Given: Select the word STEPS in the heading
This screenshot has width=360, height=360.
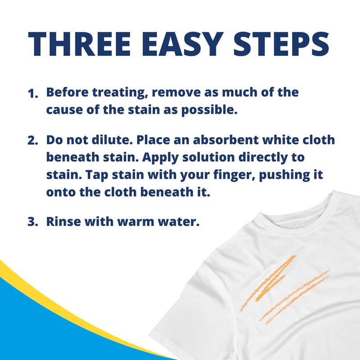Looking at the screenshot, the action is [281, 44].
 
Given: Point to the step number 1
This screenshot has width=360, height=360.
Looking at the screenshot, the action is [32, 94].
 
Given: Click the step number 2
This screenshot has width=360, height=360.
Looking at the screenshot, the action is [32, 140].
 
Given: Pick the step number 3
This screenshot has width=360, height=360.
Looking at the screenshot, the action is [32, 222].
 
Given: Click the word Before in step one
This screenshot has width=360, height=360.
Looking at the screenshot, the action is [67, 92].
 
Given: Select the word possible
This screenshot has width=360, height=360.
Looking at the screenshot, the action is [209, 110].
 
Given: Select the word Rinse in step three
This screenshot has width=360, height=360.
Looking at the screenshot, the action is [63, 221].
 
